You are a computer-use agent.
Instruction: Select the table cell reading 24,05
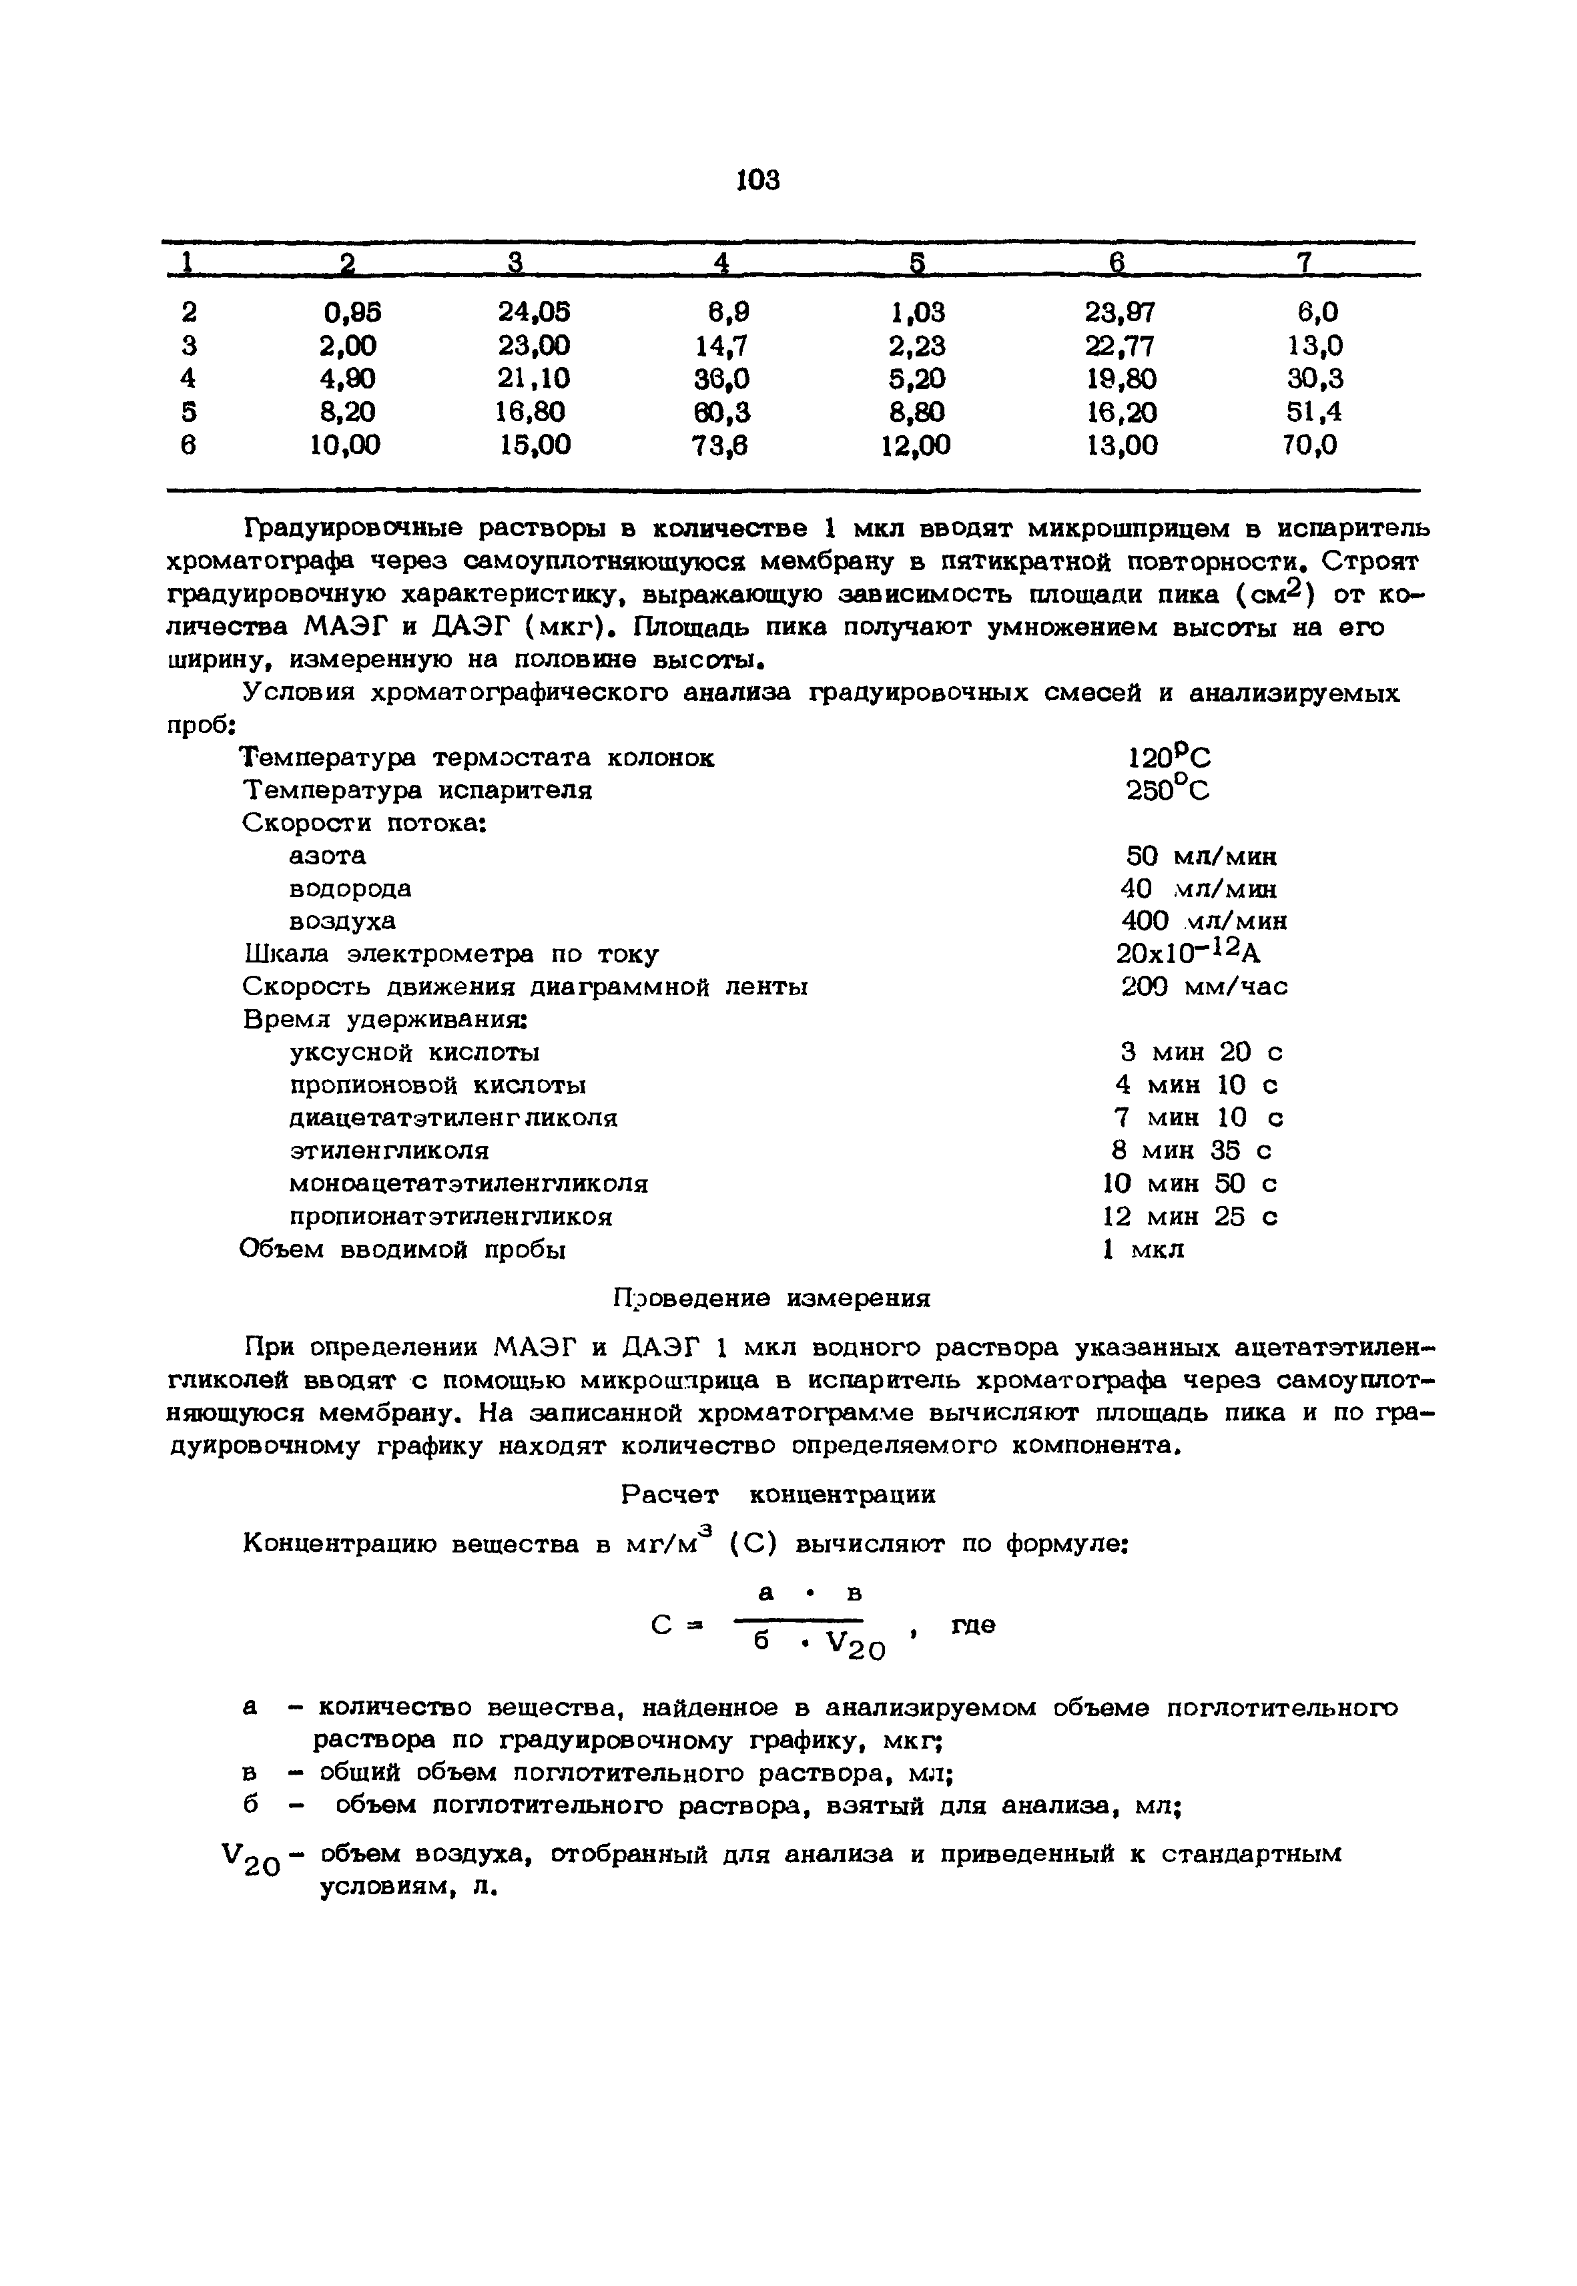click(534, 313)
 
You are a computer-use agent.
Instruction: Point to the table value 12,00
click(915, 447)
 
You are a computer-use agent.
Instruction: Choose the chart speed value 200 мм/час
click(1205, 987)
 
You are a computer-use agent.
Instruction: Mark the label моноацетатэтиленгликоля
click(468, 1183)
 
